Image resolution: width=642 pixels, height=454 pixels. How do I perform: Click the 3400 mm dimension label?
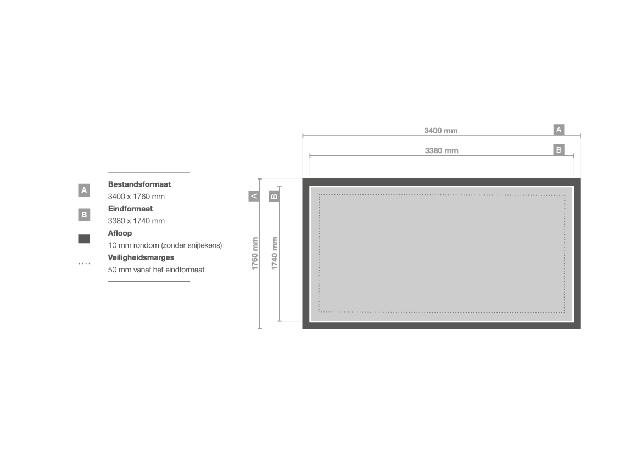click(440, 131)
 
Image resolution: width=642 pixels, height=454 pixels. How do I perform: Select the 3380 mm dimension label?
click(442, 150)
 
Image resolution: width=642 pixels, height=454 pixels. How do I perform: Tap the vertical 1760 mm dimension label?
click(255, 254)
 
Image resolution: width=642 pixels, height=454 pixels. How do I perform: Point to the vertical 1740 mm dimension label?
click(275, 254)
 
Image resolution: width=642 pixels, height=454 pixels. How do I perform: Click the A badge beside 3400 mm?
click(559, 130)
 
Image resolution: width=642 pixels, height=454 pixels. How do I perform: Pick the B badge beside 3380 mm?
click(559, 150)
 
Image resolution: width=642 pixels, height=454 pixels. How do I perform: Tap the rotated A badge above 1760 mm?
click(254, 197)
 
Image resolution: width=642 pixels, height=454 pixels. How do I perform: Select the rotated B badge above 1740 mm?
click(274, 197)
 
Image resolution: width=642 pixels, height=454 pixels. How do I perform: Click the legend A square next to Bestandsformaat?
click(84, 190)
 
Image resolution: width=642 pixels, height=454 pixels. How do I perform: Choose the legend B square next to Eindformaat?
click(84, 215)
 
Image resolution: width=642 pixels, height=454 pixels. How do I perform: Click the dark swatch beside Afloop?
click(84, 239)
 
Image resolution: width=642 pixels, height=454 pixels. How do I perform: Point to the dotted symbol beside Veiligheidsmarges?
click(85, 264)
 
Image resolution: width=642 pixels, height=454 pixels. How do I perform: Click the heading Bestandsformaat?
click(139, 184)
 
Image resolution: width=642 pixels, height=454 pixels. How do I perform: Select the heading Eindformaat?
click(130, 209)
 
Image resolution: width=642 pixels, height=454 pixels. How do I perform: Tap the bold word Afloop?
click(120, 233)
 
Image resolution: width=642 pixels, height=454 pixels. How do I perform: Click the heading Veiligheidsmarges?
click(141, 257)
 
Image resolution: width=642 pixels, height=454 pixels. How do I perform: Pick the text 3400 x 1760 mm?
click(136, 197)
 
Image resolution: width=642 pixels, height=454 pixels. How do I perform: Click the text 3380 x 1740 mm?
click(136, 221)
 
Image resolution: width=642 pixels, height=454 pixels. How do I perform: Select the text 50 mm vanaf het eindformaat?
click(156, 270)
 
